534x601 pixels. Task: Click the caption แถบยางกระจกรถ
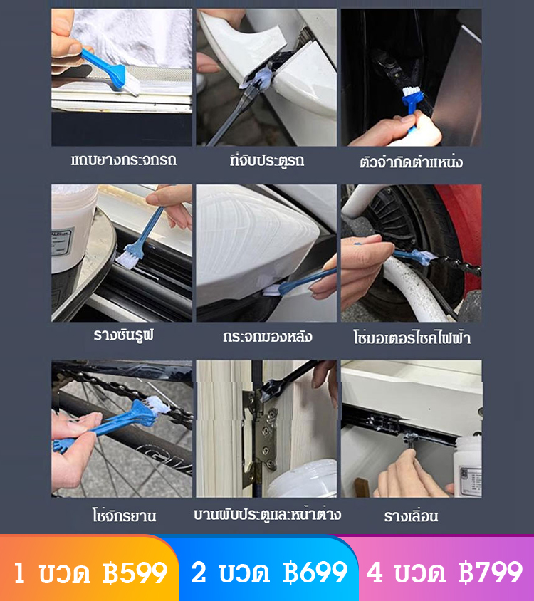[x=124, y=160]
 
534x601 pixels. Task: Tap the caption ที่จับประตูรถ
[x=267, y=160]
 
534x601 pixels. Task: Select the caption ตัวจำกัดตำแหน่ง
[x=411, y=162]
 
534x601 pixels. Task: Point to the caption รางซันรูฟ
[x=123, y=335]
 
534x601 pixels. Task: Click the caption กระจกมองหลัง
[x=267, y=337]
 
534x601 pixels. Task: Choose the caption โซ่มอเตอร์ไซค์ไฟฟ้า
[x=412, y=338]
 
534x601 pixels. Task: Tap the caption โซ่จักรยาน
[x=124, y=515]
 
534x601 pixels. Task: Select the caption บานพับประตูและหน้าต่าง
[x=267, y=514]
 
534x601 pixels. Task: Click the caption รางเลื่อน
[x=411, y=516]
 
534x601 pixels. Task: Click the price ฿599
[x=135, y=573]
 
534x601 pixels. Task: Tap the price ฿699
[x=315, y=573]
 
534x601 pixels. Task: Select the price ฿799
[x=491, y=573]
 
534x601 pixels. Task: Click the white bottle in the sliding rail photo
[x=468, y=466]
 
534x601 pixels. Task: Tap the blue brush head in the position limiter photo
[x=412, y=98]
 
